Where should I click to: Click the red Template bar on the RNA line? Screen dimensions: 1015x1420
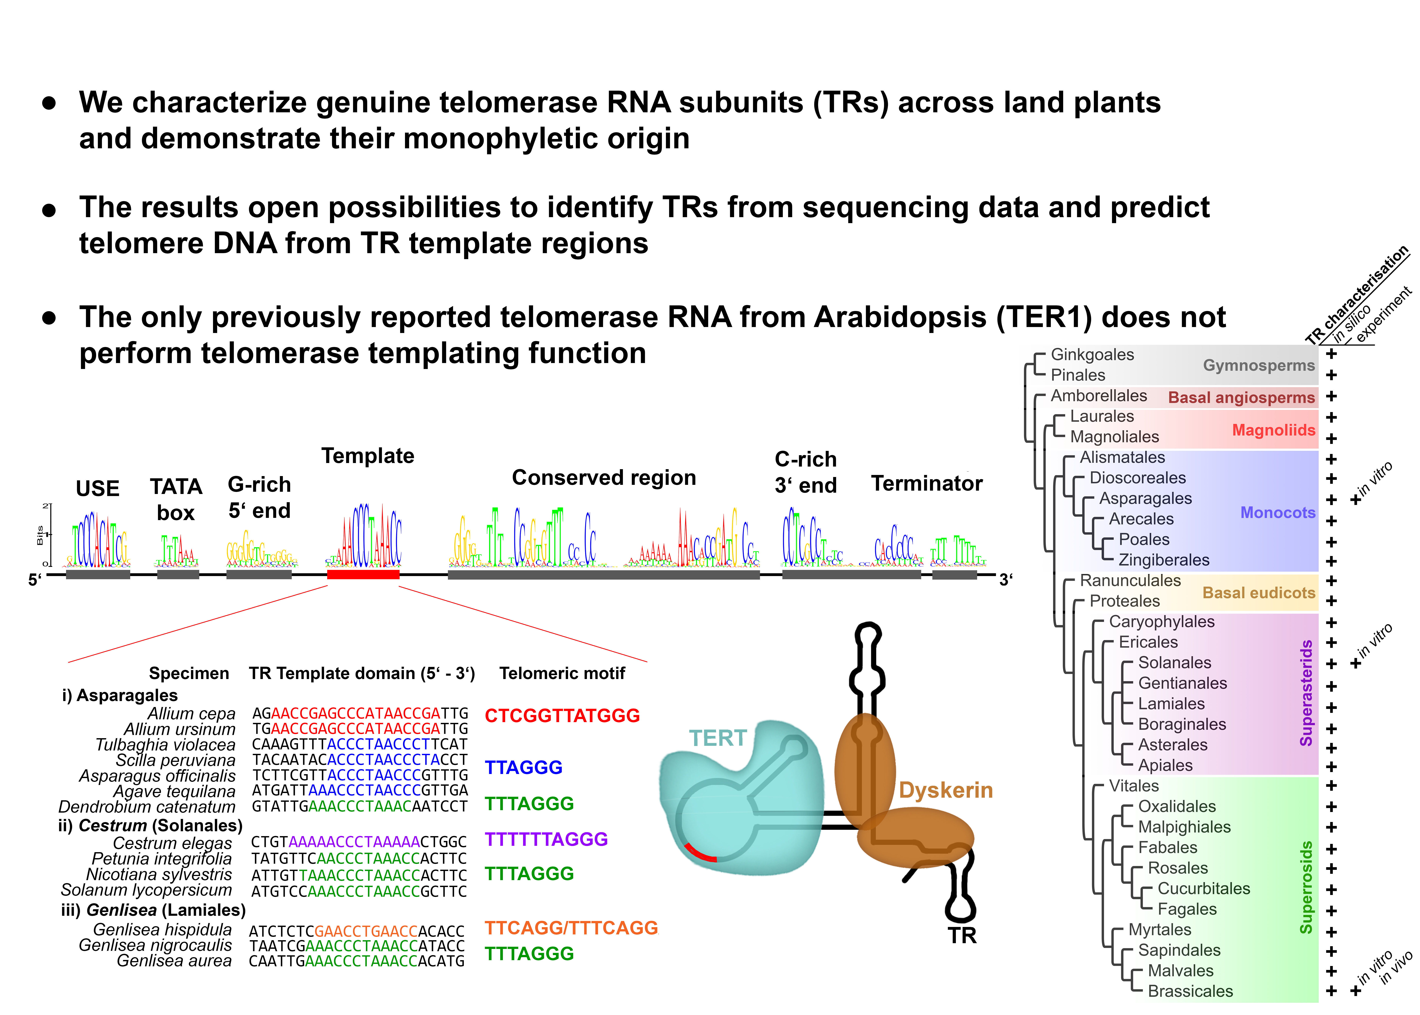(x=363, y=574)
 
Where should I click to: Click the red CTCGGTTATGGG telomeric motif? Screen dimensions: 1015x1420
(x=562, y=716)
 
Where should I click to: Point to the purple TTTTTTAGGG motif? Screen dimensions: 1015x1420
(x=546, y=839)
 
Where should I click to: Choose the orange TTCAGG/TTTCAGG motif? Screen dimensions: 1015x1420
(x=571, y=928)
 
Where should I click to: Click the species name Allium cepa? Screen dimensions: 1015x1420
(x=191, y=714)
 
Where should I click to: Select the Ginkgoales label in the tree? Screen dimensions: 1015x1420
(x=1092, y=354)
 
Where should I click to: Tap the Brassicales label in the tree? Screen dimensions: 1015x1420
(x=1190, y=991)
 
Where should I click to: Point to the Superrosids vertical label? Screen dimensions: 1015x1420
(x=1306, y=888)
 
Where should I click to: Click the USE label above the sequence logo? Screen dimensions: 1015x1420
(x=98, y=488)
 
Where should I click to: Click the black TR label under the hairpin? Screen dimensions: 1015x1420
(x=961, y=936)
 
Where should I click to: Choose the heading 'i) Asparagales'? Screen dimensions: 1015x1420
(x=119, y=695)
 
